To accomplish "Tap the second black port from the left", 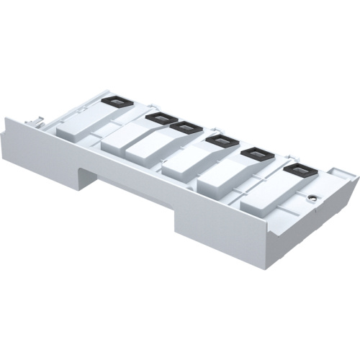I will click(158, 117).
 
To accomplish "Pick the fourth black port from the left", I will click(220, 140).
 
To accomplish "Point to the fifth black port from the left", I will click(252, 154).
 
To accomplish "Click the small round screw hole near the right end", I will click(311, 197).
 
